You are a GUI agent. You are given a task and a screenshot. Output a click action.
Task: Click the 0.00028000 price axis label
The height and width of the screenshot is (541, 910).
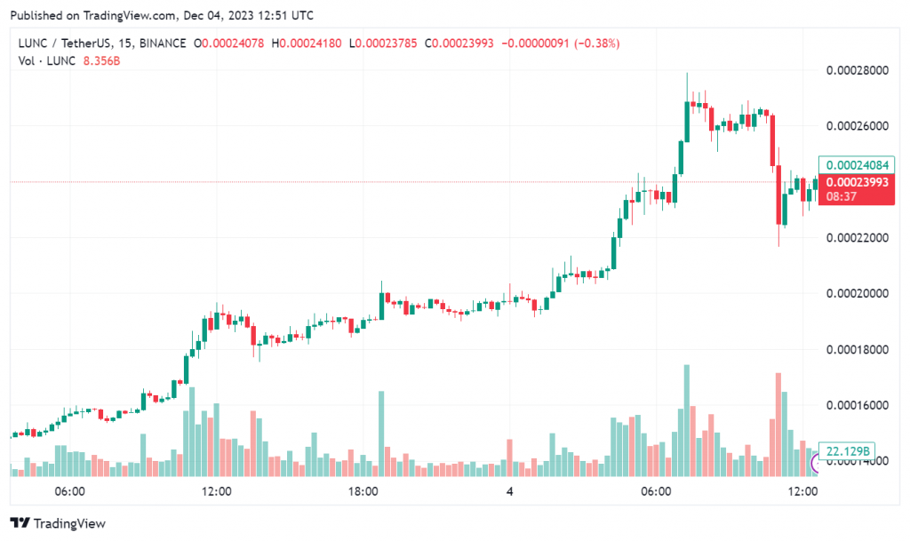pyautogui.click(x=857, y=71)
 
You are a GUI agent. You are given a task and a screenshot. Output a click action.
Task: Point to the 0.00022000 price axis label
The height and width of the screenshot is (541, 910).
pyautogui.click(x=857, y=238)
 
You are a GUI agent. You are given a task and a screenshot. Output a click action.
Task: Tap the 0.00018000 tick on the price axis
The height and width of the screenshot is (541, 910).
pyautogui.click(x=857, y=349)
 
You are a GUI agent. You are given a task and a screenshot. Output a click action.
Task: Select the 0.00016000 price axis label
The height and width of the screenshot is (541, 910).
pyautogui.click(x=857, y=405)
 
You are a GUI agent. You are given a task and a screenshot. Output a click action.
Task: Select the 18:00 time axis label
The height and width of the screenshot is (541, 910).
pyautogui.click(x=363, y=491)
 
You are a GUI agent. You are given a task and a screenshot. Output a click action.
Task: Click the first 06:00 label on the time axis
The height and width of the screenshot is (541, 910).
pyautogui.click(x=69, y=491)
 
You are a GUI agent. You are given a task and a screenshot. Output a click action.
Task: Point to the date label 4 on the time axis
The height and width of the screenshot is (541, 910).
pyautogui.click(x=509, y=491)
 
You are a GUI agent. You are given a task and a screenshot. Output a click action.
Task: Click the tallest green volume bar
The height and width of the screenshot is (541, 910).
pyautogui.click(x=686, y=418)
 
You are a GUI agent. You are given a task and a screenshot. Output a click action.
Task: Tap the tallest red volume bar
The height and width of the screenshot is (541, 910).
pyautogui.click(x=778, y=422)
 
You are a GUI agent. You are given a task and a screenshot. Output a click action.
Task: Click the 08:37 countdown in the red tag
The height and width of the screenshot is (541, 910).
pyautogui.click(x=839, y=195)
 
